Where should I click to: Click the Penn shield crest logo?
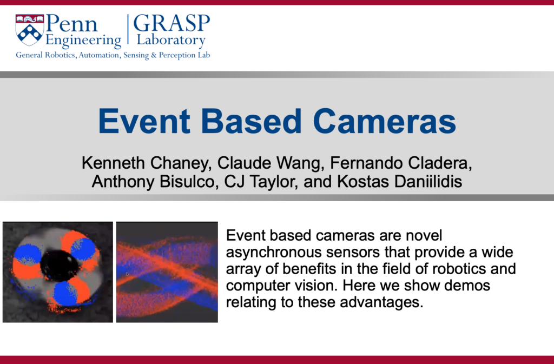pyautogui.click(x=30, y=30)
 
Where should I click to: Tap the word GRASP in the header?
pyautogui.click(x=172, y=23)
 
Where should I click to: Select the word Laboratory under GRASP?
pyautogui.click(x=171, y=40)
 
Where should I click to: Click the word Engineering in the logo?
pyautogui.click(x=83, y=40)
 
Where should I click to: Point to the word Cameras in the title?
pyautogui.click(x=385, y=121)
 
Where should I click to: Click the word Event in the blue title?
pyautogui.click(x=144, y=121)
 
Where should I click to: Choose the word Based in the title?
pyautogui.click(x=251, y=121)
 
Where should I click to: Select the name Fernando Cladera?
pyautogui.click(x=401, y=163)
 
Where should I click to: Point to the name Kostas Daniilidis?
pyautogui.click(x=400, y=182)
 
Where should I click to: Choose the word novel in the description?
pyautogui.click(x=424, y=235)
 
